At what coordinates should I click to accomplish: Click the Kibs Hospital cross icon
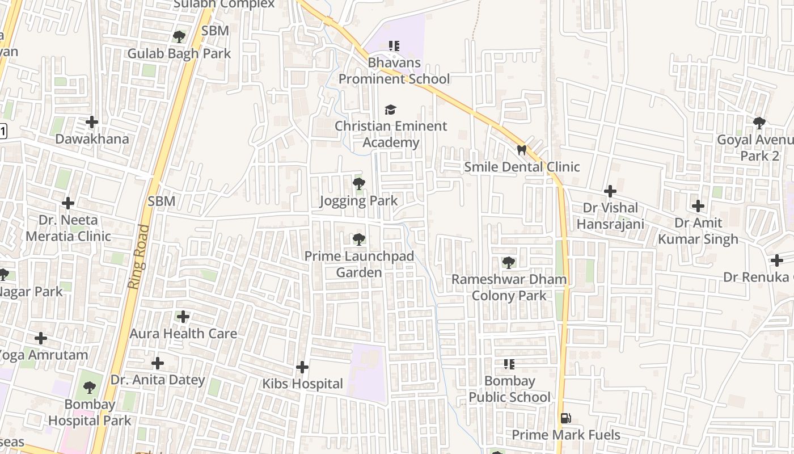click(x=302, y=367)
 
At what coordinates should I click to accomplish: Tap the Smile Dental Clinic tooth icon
click(x=521, y=150)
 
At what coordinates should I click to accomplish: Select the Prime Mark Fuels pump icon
click(x=565, y=418)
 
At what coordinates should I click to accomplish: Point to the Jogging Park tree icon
click(x=358, y=184)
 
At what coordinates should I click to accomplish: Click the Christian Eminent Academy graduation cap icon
click(x=390, y=110)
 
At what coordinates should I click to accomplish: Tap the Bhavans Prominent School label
click(x=394, y=70)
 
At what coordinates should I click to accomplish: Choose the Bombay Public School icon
click(x=509, y=364)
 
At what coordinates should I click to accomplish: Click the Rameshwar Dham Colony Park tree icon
click(x=509, y=263)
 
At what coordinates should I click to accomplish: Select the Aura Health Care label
click(x=183, y=333)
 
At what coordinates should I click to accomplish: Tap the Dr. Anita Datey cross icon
click(x=158, y=363)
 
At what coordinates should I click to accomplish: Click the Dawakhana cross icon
click(x=92, y=122)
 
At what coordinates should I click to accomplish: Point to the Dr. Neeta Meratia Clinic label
click(x=68, y=228)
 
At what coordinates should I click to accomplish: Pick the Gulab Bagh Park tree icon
click(x=179, y=37)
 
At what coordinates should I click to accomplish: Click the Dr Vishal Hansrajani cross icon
click(x=610, y=191)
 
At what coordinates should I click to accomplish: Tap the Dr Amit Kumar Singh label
click(x=698, y=231)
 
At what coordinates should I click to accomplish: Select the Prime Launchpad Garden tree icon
click(x=358, y=239)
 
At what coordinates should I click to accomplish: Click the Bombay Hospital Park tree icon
click(x=89, y=388)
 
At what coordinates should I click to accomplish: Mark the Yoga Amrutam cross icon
click(x=41, y=339)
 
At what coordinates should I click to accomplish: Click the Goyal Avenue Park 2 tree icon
click(x=759, y=123)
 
